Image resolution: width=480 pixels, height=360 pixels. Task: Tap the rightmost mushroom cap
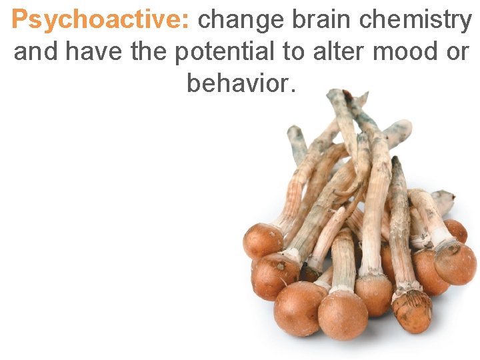(456, 263)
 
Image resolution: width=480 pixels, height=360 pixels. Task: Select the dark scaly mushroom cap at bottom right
(411, 311)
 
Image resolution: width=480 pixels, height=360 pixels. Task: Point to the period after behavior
(291, 90)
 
